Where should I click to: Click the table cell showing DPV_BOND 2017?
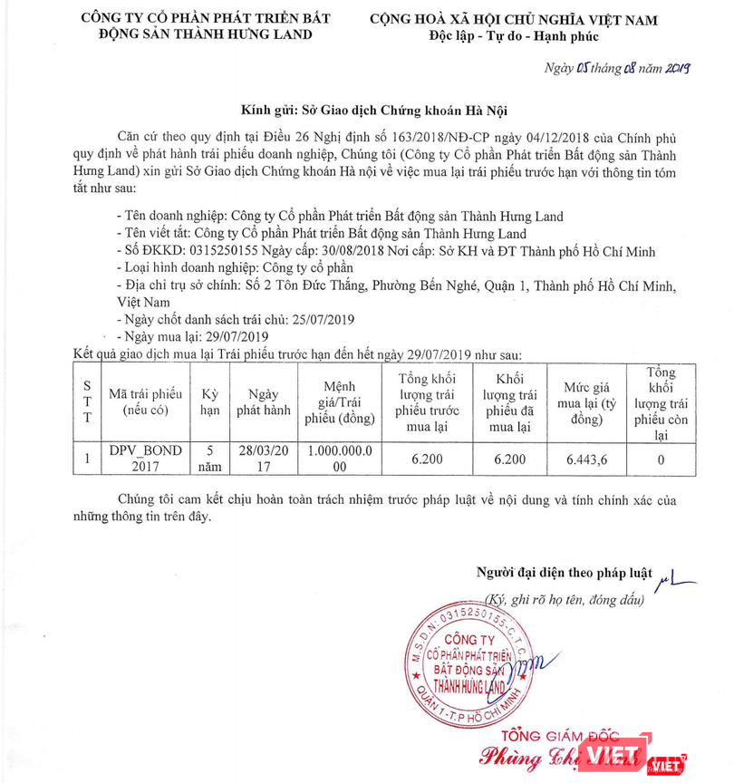pyautogui.click(x=145, y=459)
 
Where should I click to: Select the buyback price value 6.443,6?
pyautogui.click(x=586, y=459)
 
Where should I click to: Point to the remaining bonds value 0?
pyautogui.click(x=661, y=459)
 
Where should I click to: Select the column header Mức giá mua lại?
pyautogui.click(x=586, y=402)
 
